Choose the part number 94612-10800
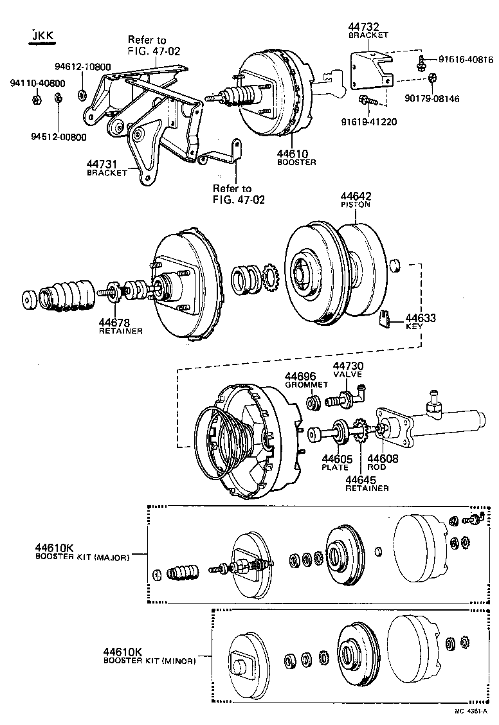[x=82, y=66]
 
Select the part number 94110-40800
[x=37, y=83]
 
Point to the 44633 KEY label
[x=419, y=321]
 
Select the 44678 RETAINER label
[x=120, y=326]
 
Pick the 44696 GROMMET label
[x=302, y=380]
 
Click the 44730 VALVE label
[x=348, y=369]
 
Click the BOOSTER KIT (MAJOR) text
[x=82, y=557]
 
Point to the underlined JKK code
[x=41, y=35]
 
